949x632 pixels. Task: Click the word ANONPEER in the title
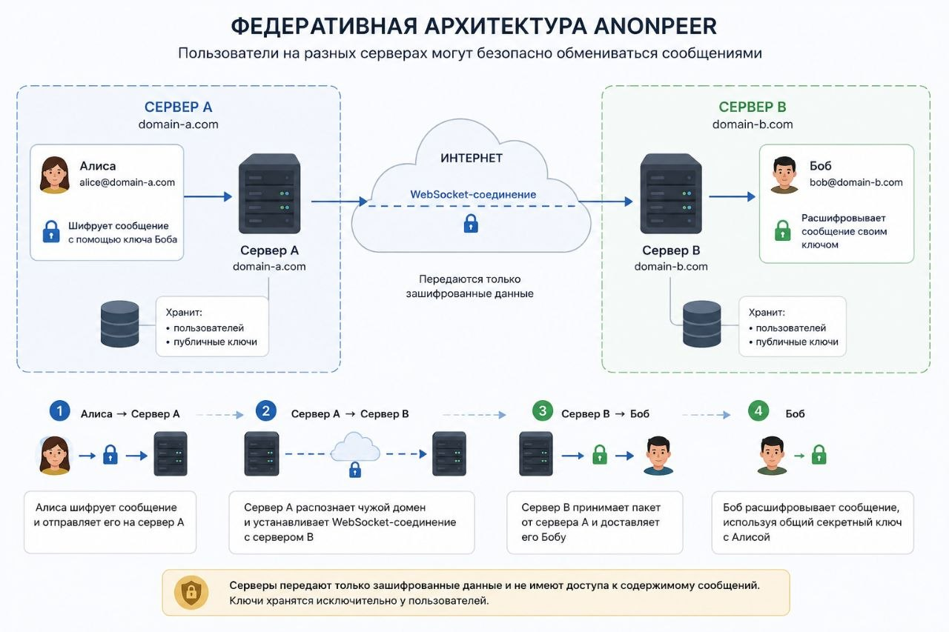point(655,26)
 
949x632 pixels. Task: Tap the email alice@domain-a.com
point(127,182)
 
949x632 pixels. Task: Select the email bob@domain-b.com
point(856,182)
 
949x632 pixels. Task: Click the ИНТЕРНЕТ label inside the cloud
point(472,159)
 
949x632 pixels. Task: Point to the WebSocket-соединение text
point(473,194)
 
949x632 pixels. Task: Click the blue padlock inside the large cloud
point(471,224)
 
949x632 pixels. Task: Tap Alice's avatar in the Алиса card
point(55,175)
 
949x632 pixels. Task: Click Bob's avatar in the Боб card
point(784,175)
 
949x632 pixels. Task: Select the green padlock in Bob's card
point(782,230)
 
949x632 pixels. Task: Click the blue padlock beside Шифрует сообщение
point(51,232)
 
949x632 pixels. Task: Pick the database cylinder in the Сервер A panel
point(120,324)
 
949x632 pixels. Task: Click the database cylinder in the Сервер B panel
point(702,324)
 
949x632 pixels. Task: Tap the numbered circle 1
point(60,410)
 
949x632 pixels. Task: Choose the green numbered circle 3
point(542,410)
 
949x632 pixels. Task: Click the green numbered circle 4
point(758,410)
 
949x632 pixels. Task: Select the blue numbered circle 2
point(266,410)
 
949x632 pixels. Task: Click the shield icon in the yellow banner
point(191,592)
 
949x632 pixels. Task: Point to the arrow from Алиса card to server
point(208,196)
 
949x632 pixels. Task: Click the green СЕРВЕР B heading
point(753,107)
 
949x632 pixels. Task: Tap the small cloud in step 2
point(355,447)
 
